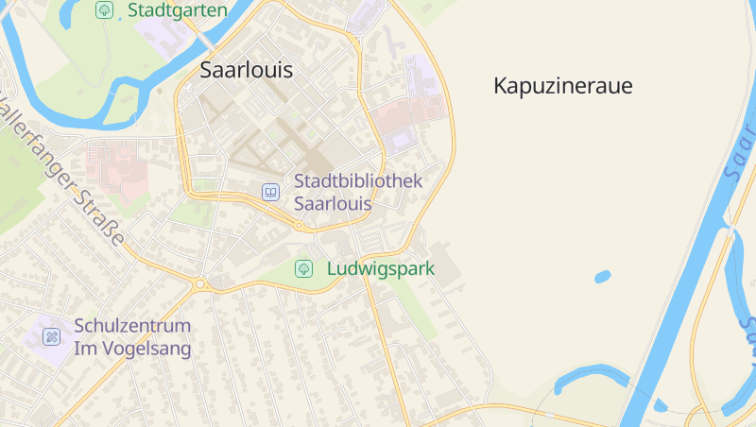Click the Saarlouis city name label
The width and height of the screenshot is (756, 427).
246,70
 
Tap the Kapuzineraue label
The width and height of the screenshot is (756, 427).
562,86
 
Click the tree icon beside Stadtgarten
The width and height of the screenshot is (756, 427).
105,10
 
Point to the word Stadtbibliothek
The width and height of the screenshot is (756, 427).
357,180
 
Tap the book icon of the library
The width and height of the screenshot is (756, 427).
271,192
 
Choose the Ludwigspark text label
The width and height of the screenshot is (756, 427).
380,268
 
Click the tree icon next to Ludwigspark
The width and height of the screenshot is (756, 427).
304,268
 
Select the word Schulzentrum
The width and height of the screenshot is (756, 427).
132,325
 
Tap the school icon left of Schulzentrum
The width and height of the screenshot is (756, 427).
52,336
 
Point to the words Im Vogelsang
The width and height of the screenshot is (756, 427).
132,349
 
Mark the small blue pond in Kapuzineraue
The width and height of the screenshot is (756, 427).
602,277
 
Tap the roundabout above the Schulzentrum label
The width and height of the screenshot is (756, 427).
200,283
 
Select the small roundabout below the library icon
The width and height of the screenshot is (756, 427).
300,226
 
